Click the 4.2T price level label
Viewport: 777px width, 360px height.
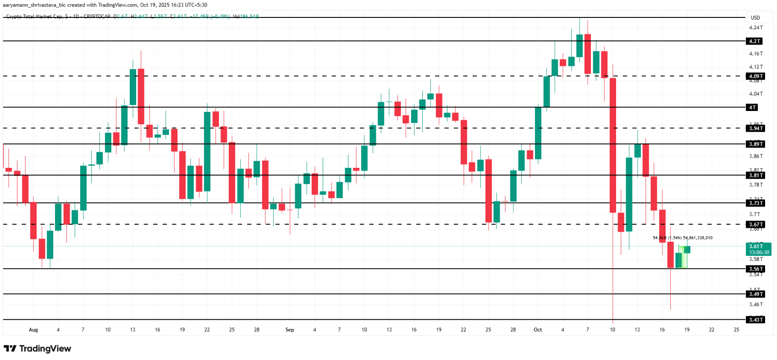755,41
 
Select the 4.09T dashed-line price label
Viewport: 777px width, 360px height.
755,76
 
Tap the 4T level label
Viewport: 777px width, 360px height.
752,107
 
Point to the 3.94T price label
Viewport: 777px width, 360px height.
755,128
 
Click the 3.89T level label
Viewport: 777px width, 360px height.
755,144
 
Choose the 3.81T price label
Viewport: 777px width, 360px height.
755,175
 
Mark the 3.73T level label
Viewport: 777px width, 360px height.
755,203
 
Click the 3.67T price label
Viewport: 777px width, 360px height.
755,225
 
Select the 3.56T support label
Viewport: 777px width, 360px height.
755,269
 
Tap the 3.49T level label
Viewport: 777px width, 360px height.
755,294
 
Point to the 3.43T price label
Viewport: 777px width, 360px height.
755,320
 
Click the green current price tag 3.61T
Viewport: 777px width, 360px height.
759,249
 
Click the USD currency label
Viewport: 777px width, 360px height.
755,18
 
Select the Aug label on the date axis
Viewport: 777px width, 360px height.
33,330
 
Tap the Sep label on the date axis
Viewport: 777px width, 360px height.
290,330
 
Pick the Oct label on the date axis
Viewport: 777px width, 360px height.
538,330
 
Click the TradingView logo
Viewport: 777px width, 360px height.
38,349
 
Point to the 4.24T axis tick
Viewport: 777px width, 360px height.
756,28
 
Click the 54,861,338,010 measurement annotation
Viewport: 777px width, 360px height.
698,238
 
